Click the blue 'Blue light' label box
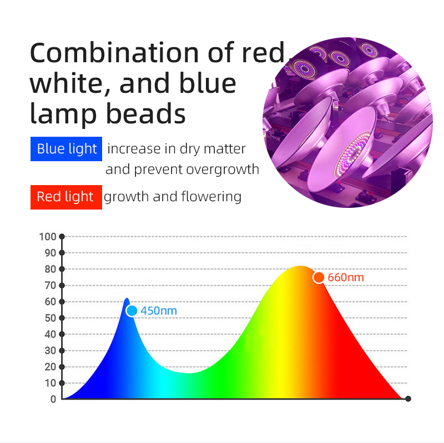point(66,149)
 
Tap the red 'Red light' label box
point(66,197)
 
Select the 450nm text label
point(159,311)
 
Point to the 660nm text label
point(346,277)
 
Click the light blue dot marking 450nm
point(132,311)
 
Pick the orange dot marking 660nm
point(319,277)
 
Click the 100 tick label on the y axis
point(48,237)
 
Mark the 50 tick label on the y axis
point(51,318)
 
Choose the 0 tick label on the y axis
point(53,399)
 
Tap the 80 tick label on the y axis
point(51,269)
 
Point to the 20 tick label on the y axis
point(51,367)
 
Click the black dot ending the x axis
point(408,399)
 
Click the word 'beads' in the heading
point(146,113)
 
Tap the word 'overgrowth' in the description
point(223,170)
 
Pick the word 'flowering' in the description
point(211,197)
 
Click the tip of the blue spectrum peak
point(127,298)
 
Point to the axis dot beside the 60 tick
point(62,302)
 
